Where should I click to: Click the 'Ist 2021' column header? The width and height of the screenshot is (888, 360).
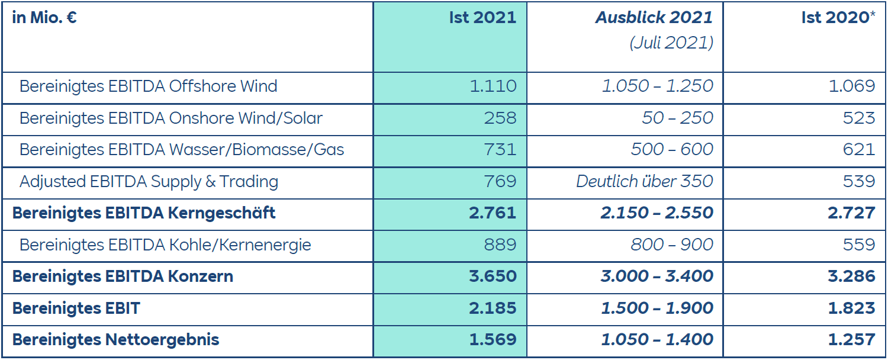pyautogui.click(x=482, y=18)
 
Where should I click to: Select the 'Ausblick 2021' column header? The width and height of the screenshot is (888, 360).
pyautogui.click(x=654, y=18)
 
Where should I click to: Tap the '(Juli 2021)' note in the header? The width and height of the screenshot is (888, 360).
pyautogui.click(x=671, y=43)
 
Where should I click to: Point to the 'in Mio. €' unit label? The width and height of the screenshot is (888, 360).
pyautogui.click(x=44, y=18)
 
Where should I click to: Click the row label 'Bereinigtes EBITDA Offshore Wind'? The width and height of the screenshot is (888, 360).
pyautogui.click(x=148, y=86)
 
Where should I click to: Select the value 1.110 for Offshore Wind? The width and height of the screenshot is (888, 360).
pyautogui.click(x=493, y=86)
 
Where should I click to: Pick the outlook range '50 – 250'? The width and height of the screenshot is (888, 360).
pyautogui.click(x=677, y=118)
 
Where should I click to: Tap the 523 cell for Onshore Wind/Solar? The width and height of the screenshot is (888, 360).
pyautogui.click(x=859, y=118)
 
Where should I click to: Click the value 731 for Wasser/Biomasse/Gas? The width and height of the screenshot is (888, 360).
pyautogui.click(x=500, y=149)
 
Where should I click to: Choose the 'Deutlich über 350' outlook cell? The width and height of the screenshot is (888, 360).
pyautogui.click(x=645, y=181)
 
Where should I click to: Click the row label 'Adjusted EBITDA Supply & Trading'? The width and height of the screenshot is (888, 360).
pyautogui.click(x=149, y=181)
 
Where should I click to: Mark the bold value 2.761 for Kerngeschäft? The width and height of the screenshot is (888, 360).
pyautogui.click(x=492, y=213)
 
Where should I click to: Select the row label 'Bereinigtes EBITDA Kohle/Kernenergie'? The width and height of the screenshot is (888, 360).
pyautogui.click(x=165, y=245)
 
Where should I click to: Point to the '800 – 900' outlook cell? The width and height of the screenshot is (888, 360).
pyautogui.click(x=672, y=245)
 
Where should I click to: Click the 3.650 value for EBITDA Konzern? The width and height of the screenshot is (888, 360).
pyautogui.click(x=492, y=276)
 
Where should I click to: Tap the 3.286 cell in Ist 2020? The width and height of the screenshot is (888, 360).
pyautogui.click(x=851, y=276)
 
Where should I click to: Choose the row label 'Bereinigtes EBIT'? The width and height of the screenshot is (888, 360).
pyautogui.click(x=76, y=308)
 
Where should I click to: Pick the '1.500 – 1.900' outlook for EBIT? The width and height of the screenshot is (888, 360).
pyautogui.click(x=657, y=308)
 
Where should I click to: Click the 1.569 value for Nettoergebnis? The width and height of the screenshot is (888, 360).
pyautogui.click(x=492, y=340)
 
